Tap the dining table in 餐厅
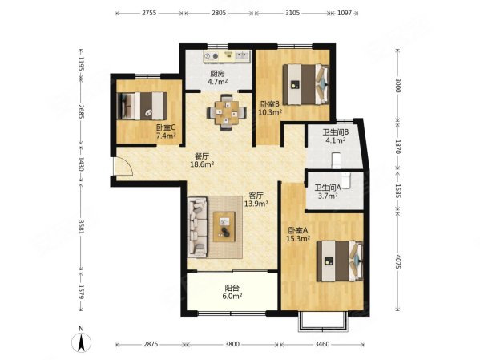pos(227,112)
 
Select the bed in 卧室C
pos(143,106)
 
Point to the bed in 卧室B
pos(306,84)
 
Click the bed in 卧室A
pos(340,261)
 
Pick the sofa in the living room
pos(198,227)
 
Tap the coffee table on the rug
pos(224,227)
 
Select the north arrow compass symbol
pos(81,339)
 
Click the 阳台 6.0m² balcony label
pos(233,292)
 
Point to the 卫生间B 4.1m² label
pos(336,136)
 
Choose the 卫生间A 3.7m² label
pos(328,192)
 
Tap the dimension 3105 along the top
pos(292,13)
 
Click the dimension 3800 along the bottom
pos(232,344)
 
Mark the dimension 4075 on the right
pos(397,261)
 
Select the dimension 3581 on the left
pos(81,226)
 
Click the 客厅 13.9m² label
pos(256,200)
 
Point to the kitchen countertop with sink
pos(228,56)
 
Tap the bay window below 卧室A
pos(324,322)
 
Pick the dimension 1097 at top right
pos(345,13)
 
